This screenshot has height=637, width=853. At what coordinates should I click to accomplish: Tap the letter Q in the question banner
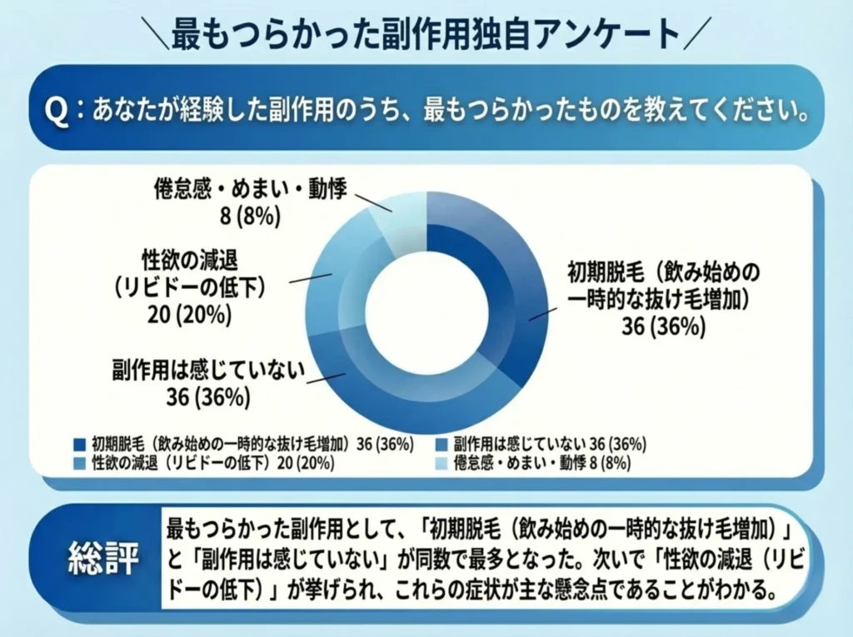point(56,112)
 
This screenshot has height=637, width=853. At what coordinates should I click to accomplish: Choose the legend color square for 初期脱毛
point(80,445)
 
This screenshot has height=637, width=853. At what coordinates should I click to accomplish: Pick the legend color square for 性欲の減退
point(80,463)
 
